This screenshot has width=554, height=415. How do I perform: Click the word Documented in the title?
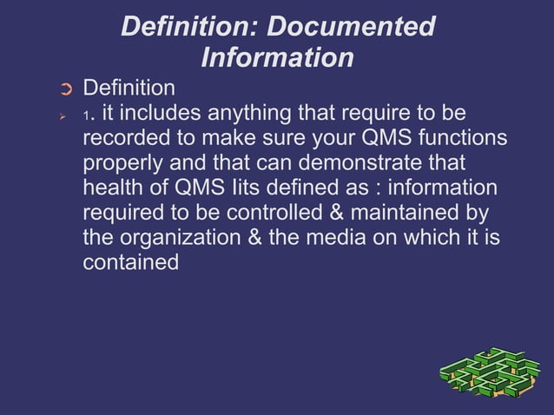coord(350,27)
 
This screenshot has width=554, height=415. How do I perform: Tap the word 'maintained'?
coord(412,213)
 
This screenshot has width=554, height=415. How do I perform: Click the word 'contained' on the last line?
coord(130,262)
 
